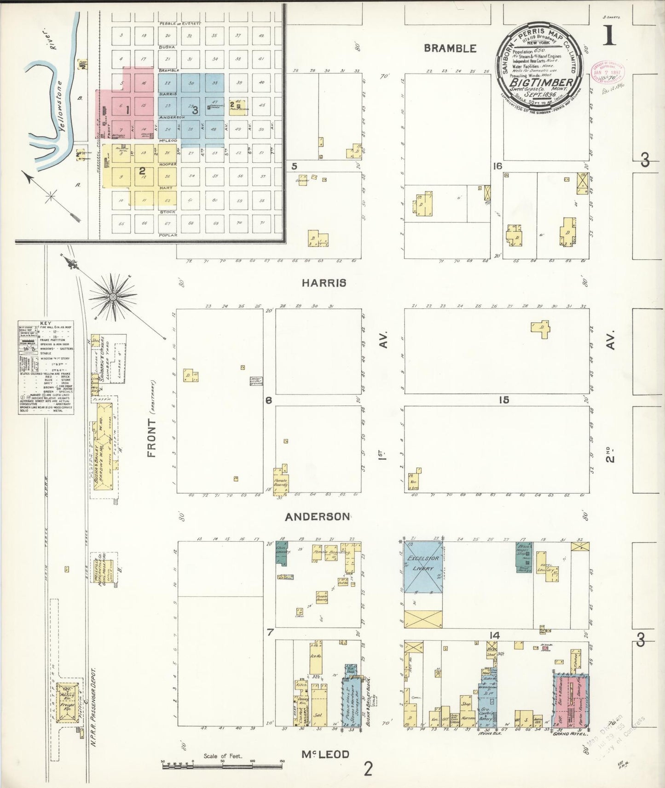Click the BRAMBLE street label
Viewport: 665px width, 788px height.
pyautogui.click(x=450, y=48)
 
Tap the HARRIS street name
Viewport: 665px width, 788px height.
pyautogui.click(x=324, y=283)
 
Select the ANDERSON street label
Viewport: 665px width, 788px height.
pyautogui.click(x=317, y=517)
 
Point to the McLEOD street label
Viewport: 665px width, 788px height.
pyautogui.click(x=325, y=754)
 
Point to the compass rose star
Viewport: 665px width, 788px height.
pyautogui.click(x=113, y=298)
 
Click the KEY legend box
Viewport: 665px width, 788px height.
pyautogui.click(x=46, y=367)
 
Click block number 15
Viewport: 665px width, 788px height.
pyautogui.click(x=504, y=400)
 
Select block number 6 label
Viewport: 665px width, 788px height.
pyautogui.click(x=269, y=400)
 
